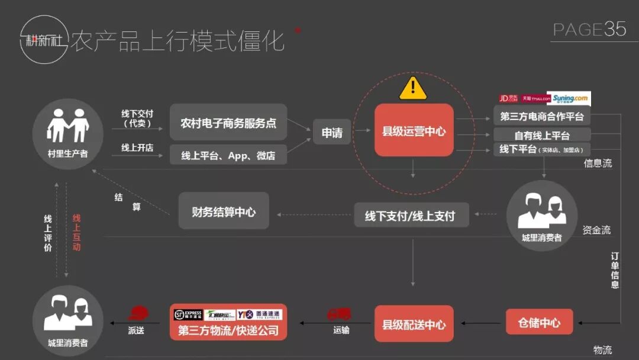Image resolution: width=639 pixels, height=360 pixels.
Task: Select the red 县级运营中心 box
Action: point(414,131)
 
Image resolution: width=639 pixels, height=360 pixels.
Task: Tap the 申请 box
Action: point(332,133)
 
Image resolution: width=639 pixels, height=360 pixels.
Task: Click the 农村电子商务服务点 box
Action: point(228,123)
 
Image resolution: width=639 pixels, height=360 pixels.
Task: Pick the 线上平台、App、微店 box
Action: point(228,156)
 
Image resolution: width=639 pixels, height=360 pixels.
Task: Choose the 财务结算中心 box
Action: point(224,211)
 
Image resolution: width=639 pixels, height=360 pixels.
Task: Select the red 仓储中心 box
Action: point(539,323)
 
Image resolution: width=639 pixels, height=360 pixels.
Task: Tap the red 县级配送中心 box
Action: point(414,324)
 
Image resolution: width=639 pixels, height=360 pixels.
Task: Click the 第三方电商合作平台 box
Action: point(541,116)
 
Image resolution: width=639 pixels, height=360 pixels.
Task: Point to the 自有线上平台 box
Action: point(541,135)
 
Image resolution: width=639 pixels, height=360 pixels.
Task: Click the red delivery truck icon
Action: point(339,313)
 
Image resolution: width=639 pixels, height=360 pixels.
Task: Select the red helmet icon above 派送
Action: point(138,312)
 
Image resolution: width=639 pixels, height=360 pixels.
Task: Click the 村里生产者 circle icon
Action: point(68,133)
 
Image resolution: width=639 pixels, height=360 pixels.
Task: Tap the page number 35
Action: point(615,29)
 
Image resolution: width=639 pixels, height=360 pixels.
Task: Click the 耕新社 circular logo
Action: point(43,39)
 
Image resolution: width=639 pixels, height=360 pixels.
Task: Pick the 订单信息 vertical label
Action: point(615,270)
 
